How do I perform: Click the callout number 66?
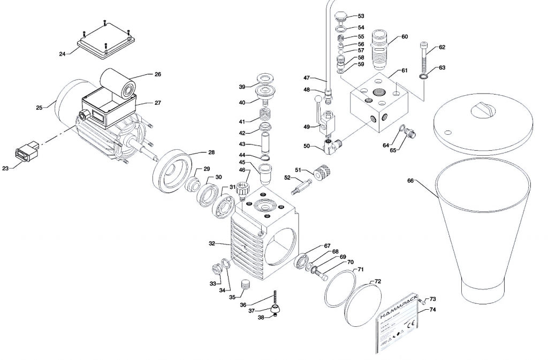click(410, 181)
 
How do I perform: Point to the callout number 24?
click(63, 53)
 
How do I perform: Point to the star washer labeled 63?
click(424, 79)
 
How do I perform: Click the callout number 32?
click(212, 243)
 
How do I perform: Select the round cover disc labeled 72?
click(363, 303)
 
